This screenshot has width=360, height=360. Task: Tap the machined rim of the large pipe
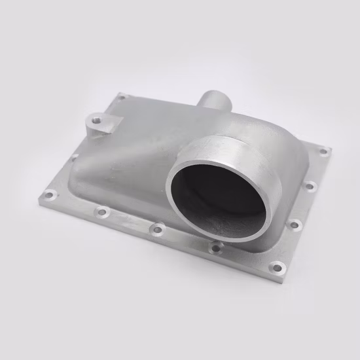coord(196,148)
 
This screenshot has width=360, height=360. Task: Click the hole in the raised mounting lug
coord(97,120)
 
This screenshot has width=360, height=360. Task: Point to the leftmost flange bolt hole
coord(49,194)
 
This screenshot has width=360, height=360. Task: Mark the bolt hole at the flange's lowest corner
coord(278,267)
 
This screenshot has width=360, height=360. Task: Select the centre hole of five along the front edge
coord(157,229)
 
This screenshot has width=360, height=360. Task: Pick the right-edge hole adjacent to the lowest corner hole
coord(295,225)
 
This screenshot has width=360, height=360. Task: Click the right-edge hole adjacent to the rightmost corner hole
coord(310,186)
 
